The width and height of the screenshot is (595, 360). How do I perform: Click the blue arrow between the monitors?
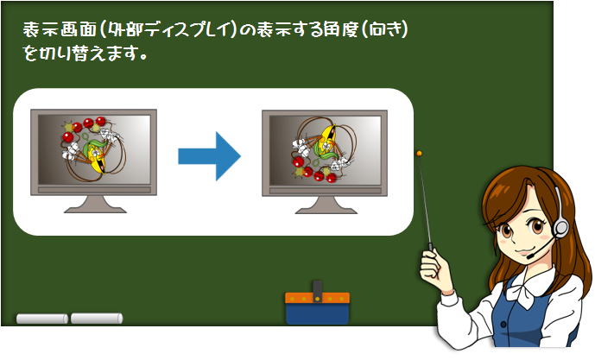click(209, 156)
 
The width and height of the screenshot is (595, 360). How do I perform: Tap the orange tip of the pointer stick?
click(419, 154)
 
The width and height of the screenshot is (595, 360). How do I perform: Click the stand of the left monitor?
click(95, 205)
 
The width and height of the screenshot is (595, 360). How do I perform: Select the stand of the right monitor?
click(326, 205)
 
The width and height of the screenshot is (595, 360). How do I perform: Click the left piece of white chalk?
click(42, 319)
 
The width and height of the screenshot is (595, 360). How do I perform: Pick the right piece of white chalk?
click(97, 319)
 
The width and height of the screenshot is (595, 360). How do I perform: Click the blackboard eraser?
click(317, 306)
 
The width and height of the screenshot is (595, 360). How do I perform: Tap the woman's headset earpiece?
click(560, 229)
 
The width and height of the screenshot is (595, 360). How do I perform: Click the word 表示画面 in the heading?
click(60, 29)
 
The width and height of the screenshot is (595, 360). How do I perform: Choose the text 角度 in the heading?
click(332, 29)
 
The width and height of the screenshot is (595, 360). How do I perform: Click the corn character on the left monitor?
click(95, 156)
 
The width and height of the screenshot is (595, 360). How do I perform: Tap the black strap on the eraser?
click(318, 291)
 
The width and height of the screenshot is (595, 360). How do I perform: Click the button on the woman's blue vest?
click(503, 325)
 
